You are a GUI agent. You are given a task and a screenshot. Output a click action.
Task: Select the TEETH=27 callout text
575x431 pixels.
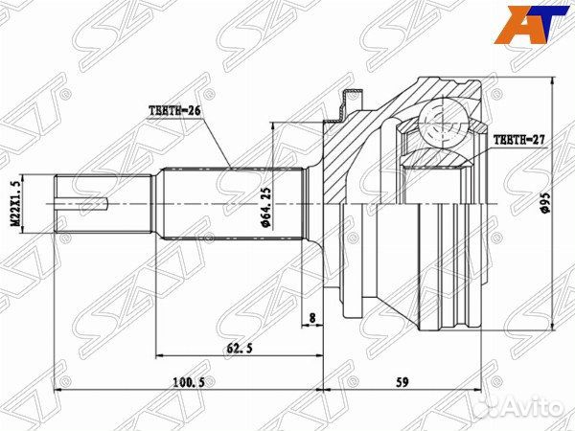519,140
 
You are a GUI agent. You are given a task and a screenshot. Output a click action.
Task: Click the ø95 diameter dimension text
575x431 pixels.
544,205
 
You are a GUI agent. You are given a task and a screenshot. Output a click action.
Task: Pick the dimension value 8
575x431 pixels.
312,316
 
